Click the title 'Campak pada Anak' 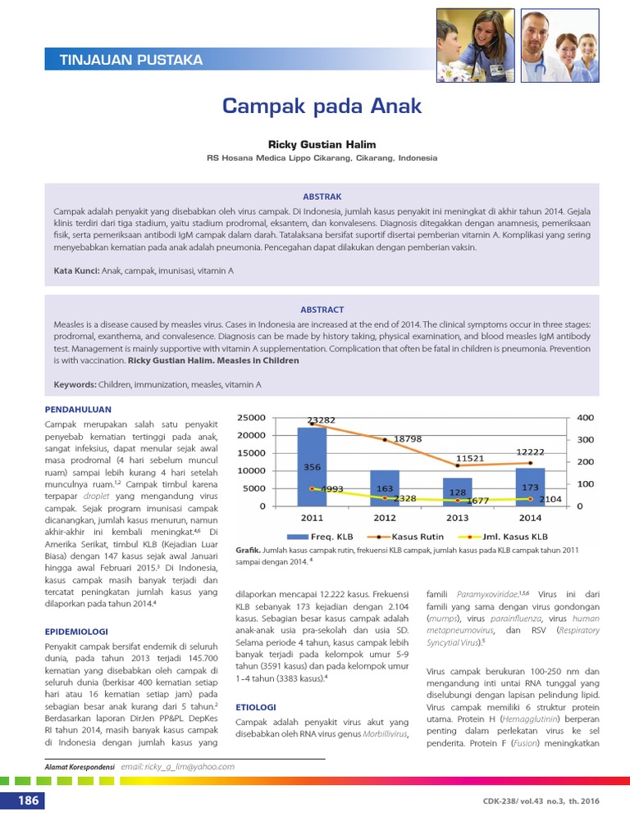[x=322, y=106]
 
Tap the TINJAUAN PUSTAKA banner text [x=131, y=60]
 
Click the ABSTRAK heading [x=322, y=197]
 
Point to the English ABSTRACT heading [x=322, y=310]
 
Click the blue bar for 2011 [x=312, y=467]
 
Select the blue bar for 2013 [x=457, y=492]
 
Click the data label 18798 [x=408, y=439]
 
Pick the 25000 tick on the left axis [x=251, y=418]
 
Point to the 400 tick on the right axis [x=586, y=418]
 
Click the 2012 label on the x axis [x=385, y=518]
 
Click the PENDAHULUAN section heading [x=78, y=409]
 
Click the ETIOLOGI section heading [x=256, y=705]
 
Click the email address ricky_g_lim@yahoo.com [x=177, y=767]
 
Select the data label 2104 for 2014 [x=550, y=498]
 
